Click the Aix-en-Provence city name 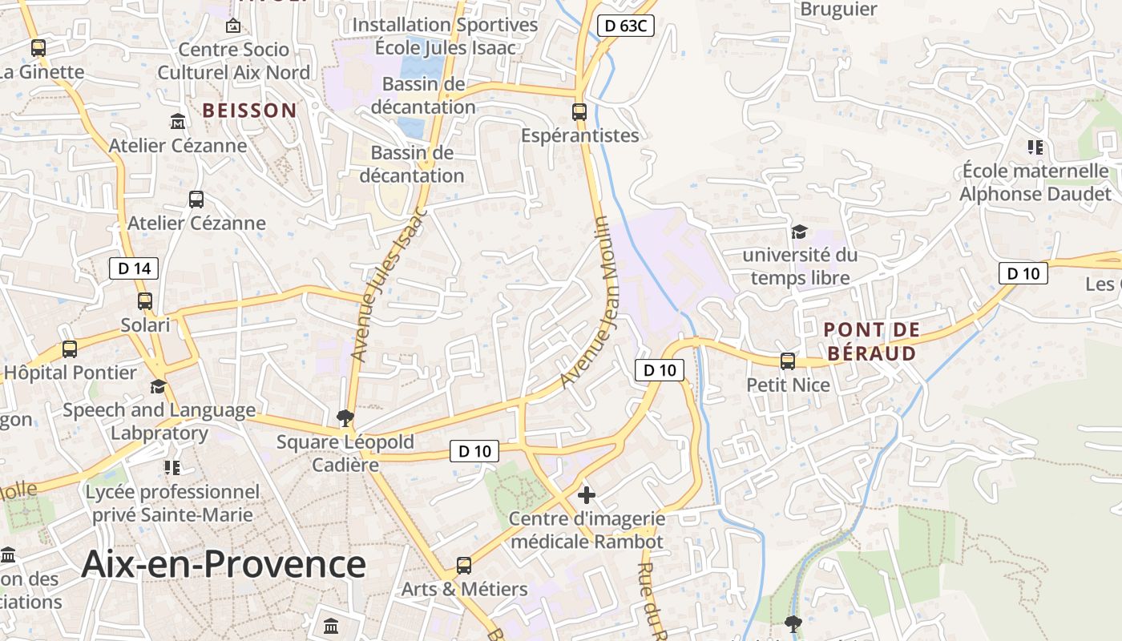coord(224,564)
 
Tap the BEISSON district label coord(249,111)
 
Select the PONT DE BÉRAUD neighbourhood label coord(871,341)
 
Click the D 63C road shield coord(626,26)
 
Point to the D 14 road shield coord(134,268)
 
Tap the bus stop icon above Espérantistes coord(579,111)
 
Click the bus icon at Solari coord(145,301)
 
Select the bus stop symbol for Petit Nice coord(788,361)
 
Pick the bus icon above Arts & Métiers coord(464,566)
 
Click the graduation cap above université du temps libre coord(799,232)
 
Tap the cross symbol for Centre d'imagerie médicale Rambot coord(587,495)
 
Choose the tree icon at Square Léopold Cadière coord(345,417)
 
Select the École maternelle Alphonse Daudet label coord(1035,183)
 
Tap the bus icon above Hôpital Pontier coord(70,349)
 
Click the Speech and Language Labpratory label coord(159,421)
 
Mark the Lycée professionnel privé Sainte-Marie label coord(172,503)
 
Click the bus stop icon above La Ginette coord(38,48)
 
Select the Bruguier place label coord(838,10)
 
